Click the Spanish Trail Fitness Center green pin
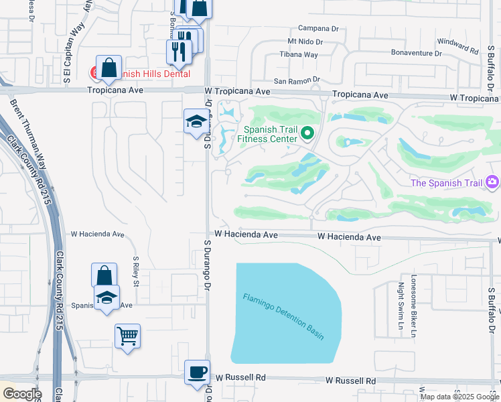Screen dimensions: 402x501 pos(308,133)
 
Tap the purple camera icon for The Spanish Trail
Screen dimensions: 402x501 pos(493,182)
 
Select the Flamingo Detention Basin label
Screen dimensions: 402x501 pos(283,316)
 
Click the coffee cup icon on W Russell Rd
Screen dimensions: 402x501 pos(197,372)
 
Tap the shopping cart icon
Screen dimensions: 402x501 pos(127,335)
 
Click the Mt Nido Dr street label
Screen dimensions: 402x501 pos(305,42)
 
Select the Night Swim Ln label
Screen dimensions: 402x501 pos(401,301)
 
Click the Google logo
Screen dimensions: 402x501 pos(21,394)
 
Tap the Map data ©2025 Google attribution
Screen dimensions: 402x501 pos(459,397)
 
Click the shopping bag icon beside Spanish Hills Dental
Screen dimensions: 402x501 pos(109,67)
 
